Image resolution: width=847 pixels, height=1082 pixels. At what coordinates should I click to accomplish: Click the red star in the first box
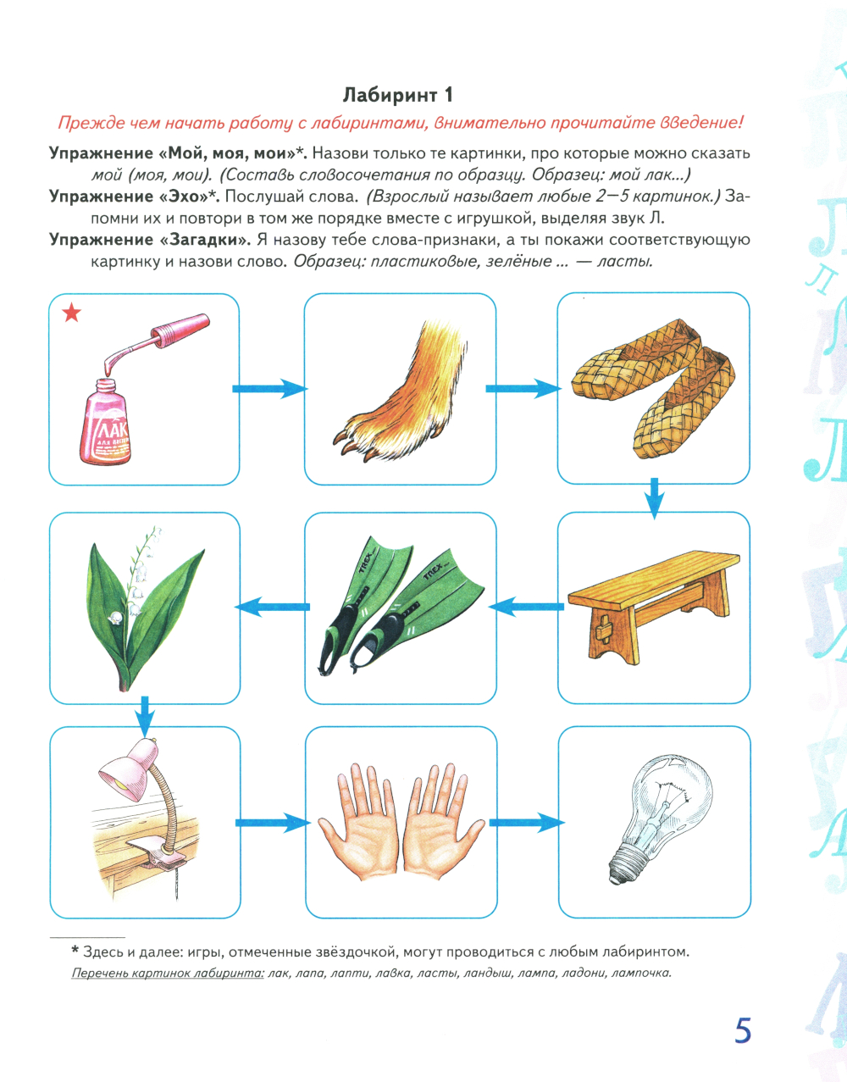(72, 314)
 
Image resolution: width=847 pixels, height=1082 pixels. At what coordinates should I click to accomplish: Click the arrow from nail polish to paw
(269, 388)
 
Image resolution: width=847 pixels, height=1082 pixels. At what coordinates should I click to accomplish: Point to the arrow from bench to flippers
(526, 607)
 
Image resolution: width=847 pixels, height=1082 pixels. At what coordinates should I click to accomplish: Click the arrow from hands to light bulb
(527, 823)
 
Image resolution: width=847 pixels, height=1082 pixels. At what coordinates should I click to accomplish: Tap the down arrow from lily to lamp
(144, 718)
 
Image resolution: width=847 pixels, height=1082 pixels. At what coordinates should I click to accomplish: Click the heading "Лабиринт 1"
(397, 95)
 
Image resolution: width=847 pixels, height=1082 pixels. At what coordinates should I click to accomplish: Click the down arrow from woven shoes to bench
(655, 499)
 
